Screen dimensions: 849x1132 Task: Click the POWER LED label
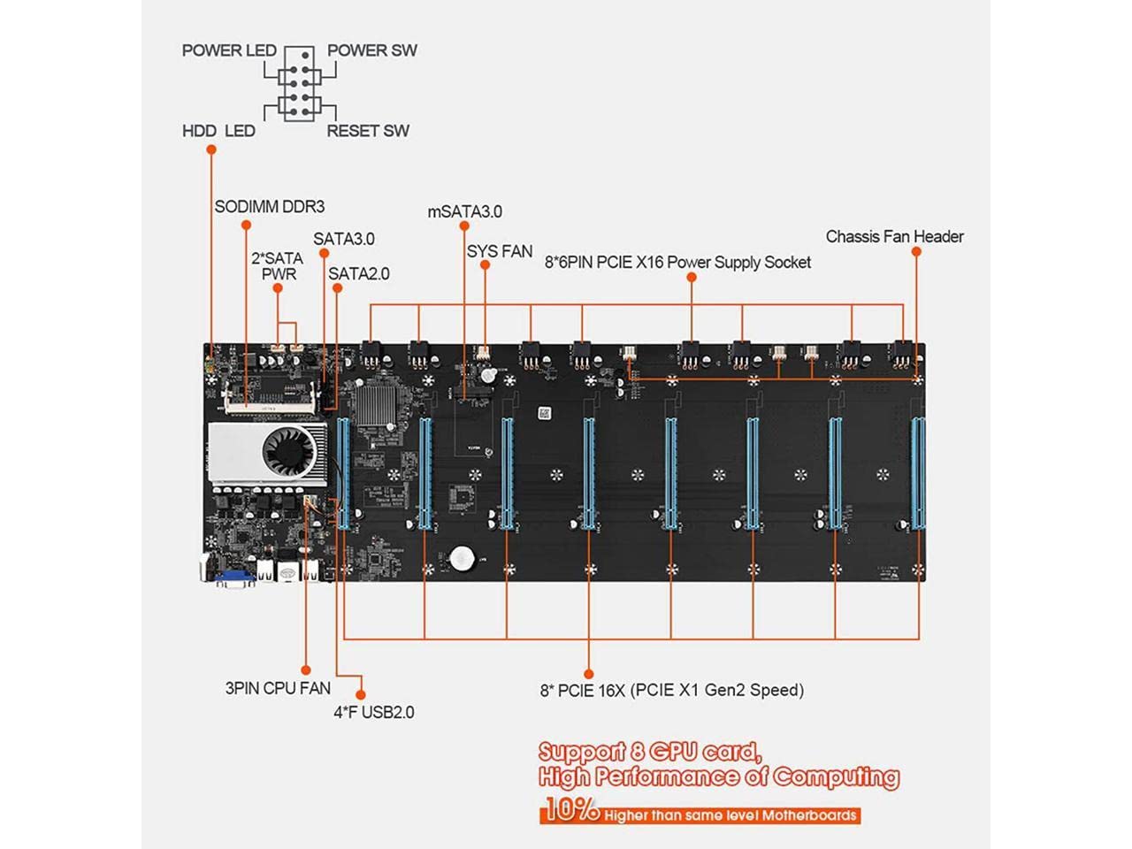click(x=229, y=50)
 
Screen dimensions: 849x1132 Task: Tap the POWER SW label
click(x=371, y=50)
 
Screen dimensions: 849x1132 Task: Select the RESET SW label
click(x=368, y=131)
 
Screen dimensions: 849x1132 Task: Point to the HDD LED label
click(x=218, y=131)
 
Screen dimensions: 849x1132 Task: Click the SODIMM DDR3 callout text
click(x=269, y=207)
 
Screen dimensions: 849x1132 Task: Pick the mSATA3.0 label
click(x=464, y=211)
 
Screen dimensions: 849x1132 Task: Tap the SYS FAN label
click(x=500, y=252)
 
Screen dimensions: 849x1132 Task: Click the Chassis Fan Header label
click(x=894, y=237)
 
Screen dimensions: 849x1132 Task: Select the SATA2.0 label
click(x=359, y=274)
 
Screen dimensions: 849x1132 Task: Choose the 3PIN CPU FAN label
click(x=278, y=688)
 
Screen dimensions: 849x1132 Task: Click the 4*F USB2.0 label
click(x=373, y=712)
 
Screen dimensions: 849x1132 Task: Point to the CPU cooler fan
click(x=288, y=453)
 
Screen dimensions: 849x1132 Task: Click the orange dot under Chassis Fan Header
click(x=916, y=252)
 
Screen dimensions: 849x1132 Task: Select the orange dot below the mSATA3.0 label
click(x=464, y=226)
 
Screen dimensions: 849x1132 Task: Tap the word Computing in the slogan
click(x=836, y=776)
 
